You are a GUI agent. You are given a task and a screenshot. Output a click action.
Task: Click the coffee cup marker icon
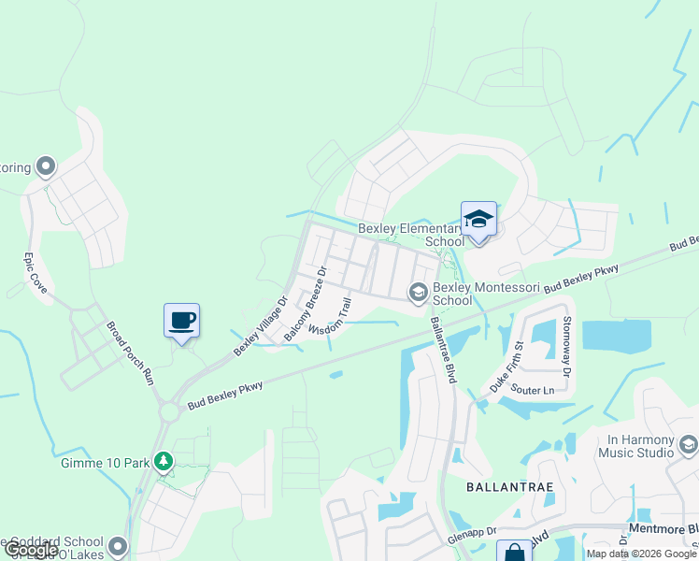[x=182, y=320]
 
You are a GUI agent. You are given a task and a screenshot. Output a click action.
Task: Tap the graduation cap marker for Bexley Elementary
[x=478, y=221]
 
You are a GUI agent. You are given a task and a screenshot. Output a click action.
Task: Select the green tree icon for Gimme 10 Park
[x=164, y=461]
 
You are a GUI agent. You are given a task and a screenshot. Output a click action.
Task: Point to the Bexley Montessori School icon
[x=418, y=294]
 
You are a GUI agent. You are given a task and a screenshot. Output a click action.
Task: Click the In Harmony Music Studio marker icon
[x=689, y=443]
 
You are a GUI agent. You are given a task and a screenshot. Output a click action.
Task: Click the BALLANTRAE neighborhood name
[x=505, y=488]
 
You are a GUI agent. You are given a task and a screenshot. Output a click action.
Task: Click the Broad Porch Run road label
[x=129, y=353]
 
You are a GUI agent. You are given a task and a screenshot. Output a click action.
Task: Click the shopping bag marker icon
[x=512, y=553]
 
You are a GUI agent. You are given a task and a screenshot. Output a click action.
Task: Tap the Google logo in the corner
[x=31, y=551]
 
